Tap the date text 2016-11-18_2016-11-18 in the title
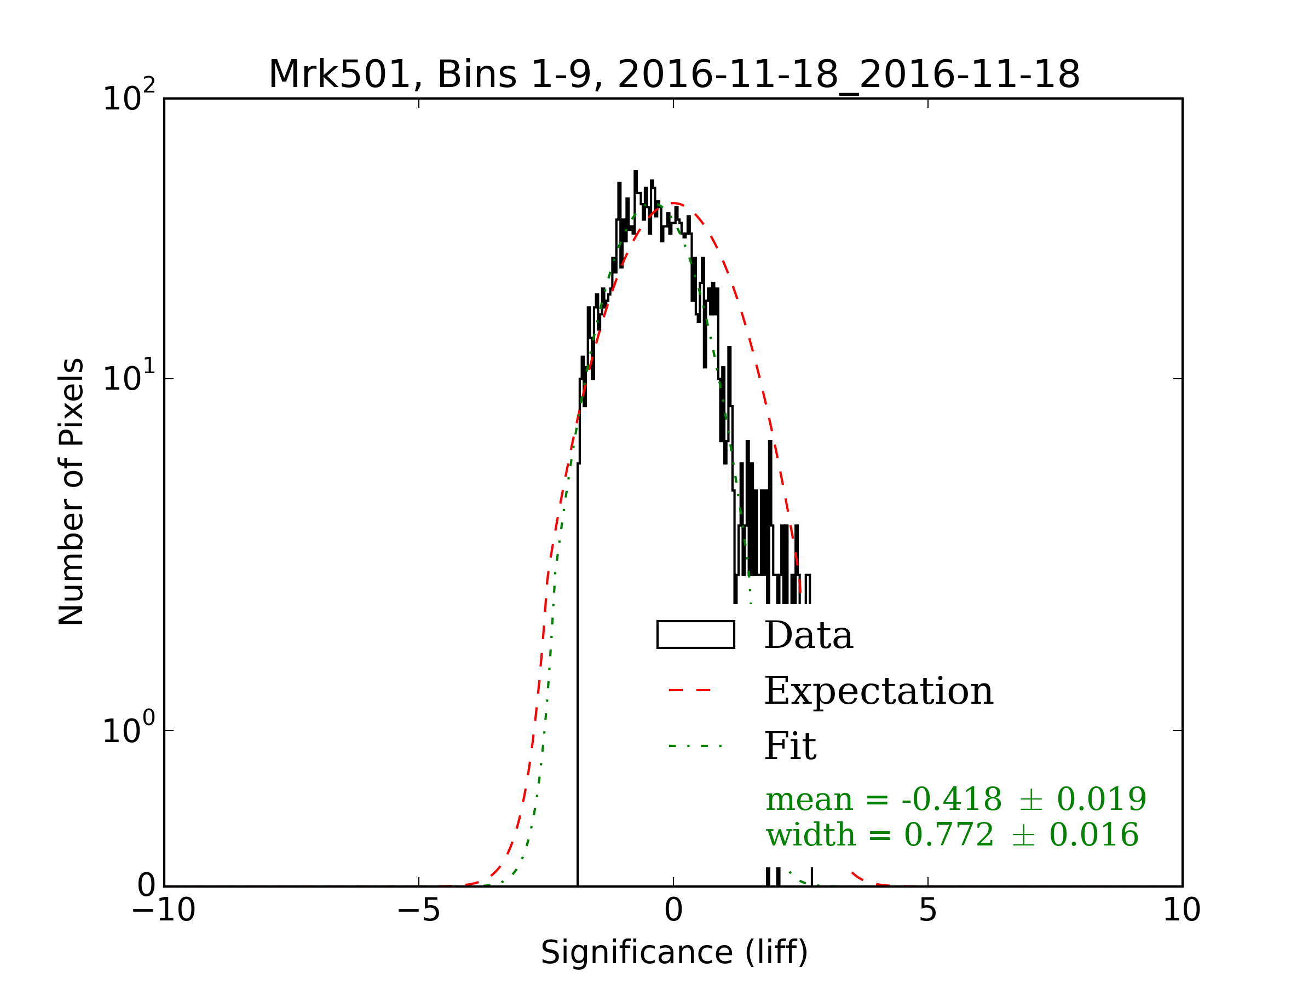[848, 75]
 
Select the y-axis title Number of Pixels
[71, 491]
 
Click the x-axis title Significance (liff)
[674, 953]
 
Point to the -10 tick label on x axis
[163, 910]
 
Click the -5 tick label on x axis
[418, 910]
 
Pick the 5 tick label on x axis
[928, 910]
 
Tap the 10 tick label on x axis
[1182, 910]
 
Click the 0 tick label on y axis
[146, 886]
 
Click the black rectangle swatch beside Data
[696, 635]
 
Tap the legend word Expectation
[879, 691]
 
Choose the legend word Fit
[790, 746]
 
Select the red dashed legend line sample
[690, 691]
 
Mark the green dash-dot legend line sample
[695, 746]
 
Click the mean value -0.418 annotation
[952, 799]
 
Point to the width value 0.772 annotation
[949, 836]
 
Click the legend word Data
[809, 635]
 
